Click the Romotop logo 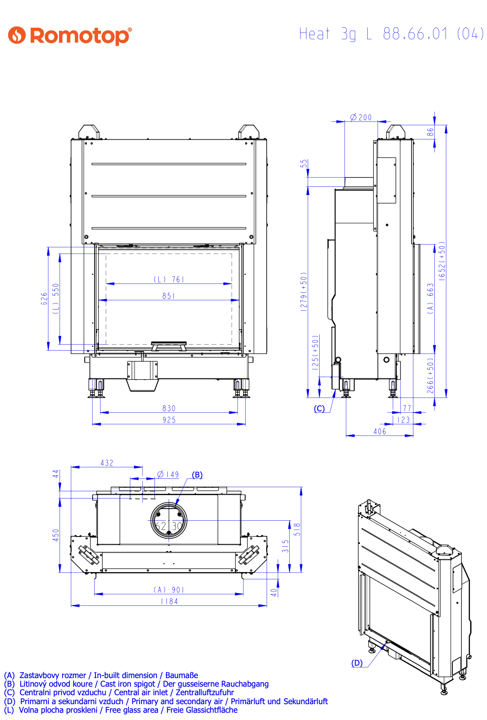pyautogui.click(x=70, y=35)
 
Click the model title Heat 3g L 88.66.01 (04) pyautogui.click(x=391, y=34)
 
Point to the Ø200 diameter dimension pyautogui.click(x=361, y=117)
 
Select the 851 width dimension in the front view pyautogui.click(x=169, y=296)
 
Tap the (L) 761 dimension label pyautogui.click(x=169, y=279)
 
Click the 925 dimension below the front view pyautogui.click(x=169, y=420)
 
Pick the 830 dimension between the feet pyautogui.click(x=169, y=408)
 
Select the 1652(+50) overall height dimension pyautogui.click(x=442, y=260)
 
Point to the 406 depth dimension pyautogui.click(x=380, y=431)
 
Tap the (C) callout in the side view pyautogui.click(x=319, y=408)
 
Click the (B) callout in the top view pyautogui.click(x=197, y=475)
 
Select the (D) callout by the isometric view pyautogui.click(x=357, y=663)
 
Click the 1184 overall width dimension pyautogui.click(x=169, y=601)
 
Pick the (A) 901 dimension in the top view pyautogui.click(x=169, y=590)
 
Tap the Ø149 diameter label pyautogui.click(x=168, y=474)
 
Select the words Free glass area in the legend pyautogui.click(x=132, y=710)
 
